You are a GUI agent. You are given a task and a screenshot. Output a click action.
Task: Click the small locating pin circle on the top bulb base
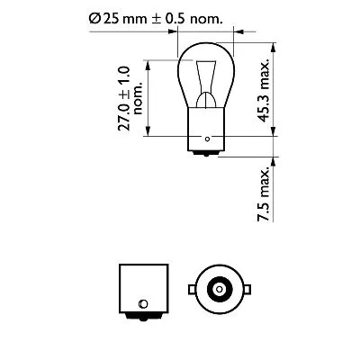coord(209,139)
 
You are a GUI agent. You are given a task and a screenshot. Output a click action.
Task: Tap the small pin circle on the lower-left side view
coord(142,301)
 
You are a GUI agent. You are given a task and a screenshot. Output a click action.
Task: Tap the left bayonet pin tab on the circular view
coord(192,289)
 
